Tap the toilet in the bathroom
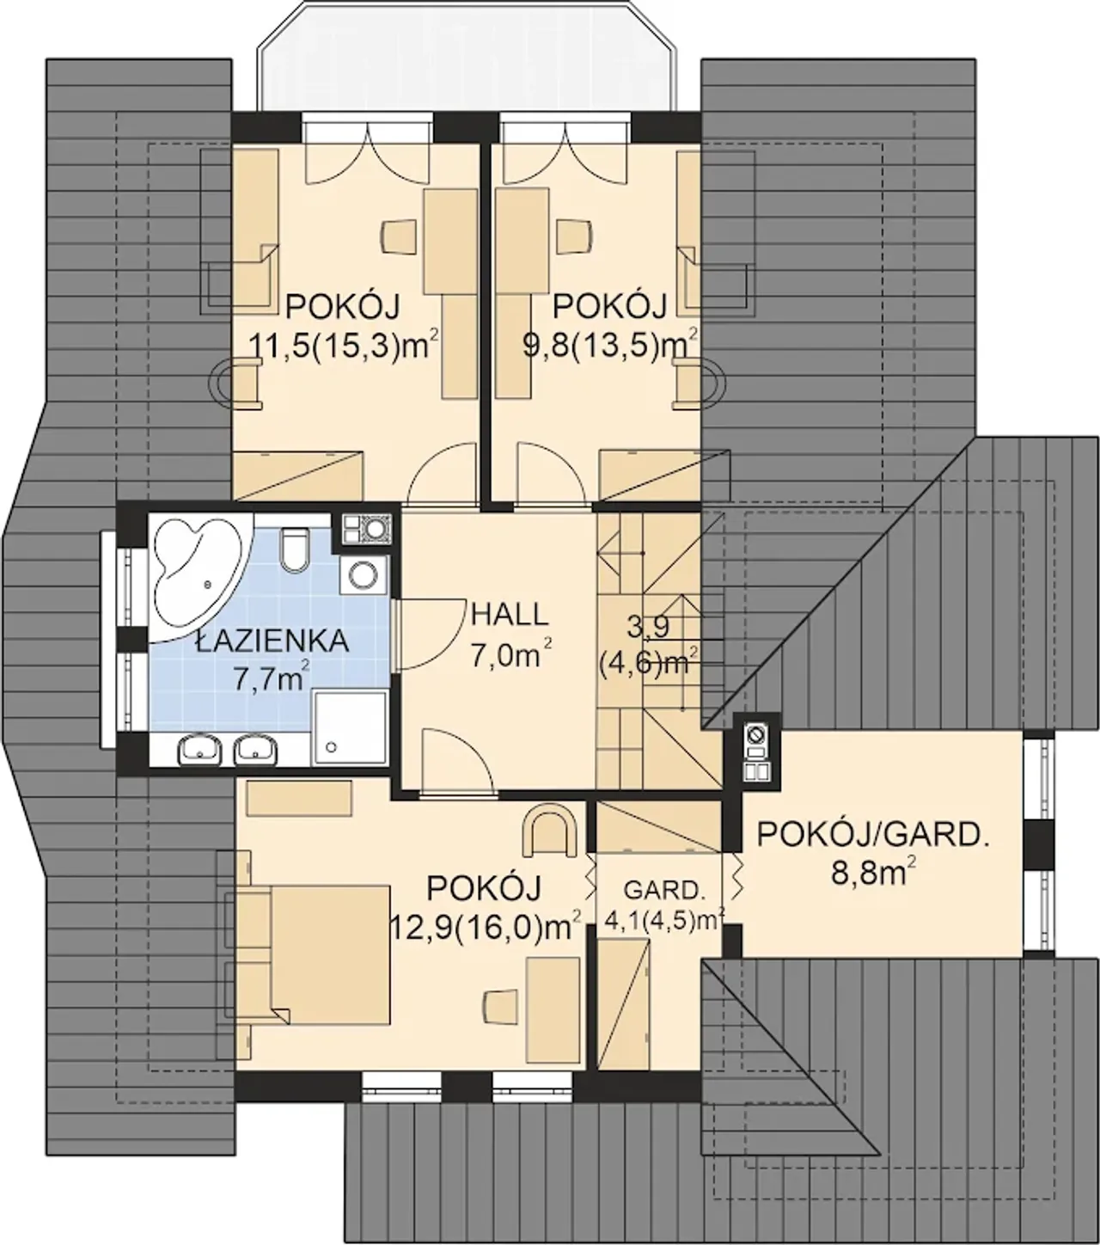tap(294, 549)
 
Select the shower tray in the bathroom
tap(351, 728)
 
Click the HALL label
tap(509, 615)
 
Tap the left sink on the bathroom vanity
tap(199, 751)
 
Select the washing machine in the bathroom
tap(365, 574)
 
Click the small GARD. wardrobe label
tap(662, 889)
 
